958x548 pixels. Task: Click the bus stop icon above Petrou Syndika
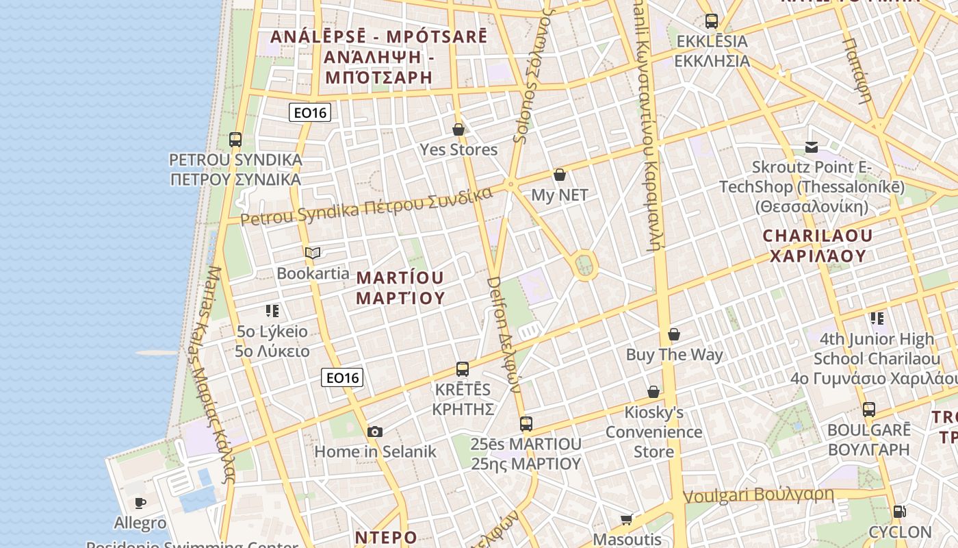tap(235, 140)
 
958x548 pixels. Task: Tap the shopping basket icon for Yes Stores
tap(458, 129)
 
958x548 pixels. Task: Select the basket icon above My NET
tap(560, 175)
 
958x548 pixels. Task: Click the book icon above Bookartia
tap(313, 253)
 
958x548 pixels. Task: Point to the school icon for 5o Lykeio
tap(272, 312)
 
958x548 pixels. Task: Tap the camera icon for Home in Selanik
tap(374, 432)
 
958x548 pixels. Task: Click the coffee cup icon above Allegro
tap(140, 503)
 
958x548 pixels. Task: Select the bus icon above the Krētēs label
tap(463, 369)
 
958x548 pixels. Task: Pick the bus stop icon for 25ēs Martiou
tap(526, 424)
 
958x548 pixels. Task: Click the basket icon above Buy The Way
tap(674, 334)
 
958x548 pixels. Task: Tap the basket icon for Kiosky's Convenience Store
tap(653, 392)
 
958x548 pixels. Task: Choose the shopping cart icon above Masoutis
tap(626, 519)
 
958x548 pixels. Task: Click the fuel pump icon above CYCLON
tap(899, 512)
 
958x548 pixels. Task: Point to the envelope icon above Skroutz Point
tap(812, 147)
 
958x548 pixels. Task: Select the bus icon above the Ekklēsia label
tap(712, 21)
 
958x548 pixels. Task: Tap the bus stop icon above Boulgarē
tap(869, 410)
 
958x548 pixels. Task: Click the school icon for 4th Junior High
tap(877, 319)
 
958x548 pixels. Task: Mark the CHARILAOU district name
tap(818, 246)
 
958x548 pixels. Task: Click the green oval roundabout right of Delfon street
tap(584, 264)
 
